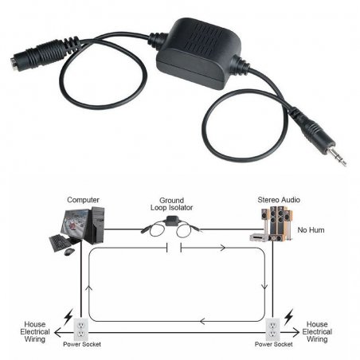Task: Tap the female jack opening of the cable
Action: tap(13, 62)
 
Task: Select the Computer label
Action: tap(83, 200)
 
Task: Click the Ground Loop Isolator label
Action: tap(171, 204)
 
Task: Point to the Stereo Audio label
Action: tap(279, 200)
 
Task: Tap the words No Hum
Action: tap(311, 230)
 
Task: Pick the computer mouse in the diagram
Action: tap(69, 252)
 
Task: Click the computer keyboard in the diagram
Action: tap(60, 242)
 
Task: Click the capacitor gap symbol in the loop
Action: tap(174, 248)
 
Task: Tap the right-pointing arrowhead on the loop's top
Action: tap(223, 248)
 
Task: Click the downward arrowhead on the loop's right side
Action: tap(264, 287)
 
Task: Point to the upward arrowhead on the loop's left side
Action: tap(90, 288)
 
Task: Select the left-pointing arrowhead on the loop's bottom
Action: tap(202, 322)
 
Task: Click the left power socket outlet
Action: tap(80, 329)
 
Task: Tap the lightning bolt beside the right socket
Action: tap(289, 317)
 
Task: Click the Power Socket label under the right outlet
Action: tap(274, 344)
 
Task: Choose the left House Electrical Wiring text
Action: tap(35, 331)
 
